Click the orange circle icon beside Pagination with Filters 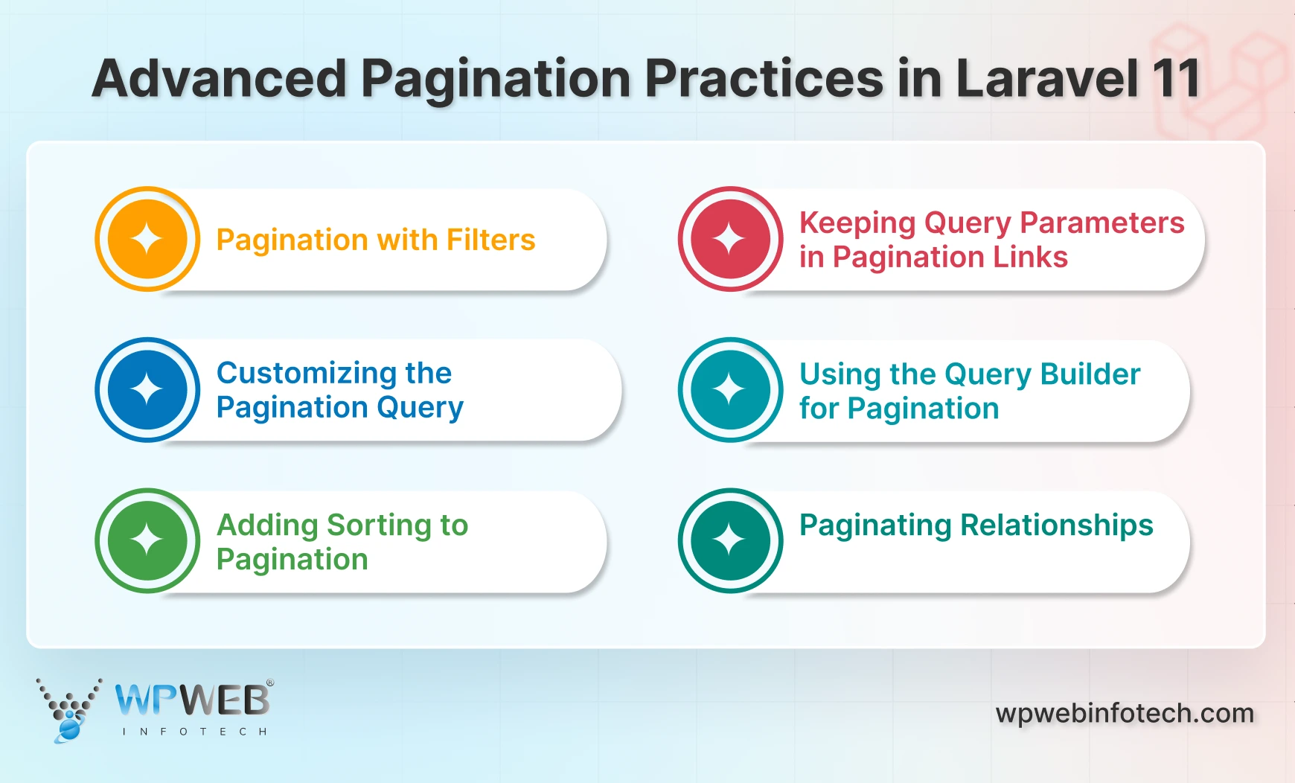coord(147,239)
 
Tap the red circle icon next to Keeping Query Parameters coord(730,239)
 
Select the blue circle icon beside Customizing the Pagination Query coord(147,390)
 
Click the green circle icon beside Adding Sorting coord(147,540)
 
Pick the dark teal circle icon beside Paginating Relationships coord(730,540)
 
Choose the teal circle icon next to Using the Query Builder coord(730,390)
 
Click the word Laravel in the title coord(1046,78)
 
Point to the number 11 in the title coord(1176,78)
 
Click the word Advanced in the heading coord(220,78)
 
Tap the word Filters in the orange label coord(490,240)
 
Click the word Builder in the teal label coord(1090,374)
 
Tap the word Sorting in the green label coord(379,525)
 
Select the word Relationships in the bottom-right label coord(1057,525)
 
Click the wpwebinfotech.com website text coord(1125,713)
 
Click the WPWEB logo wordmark coord(193,700)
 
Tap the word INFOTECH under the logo coord(194,732)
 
